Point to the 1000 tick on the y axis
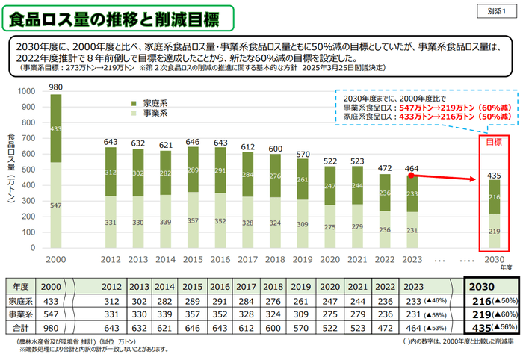pos(25,91)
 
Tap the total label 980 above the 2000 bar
pos(56,87)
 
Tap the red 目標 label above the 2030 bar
pos(494,142)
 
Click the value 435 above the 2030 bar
pos(494,175)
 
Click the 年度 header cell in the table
pos(20,286)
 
